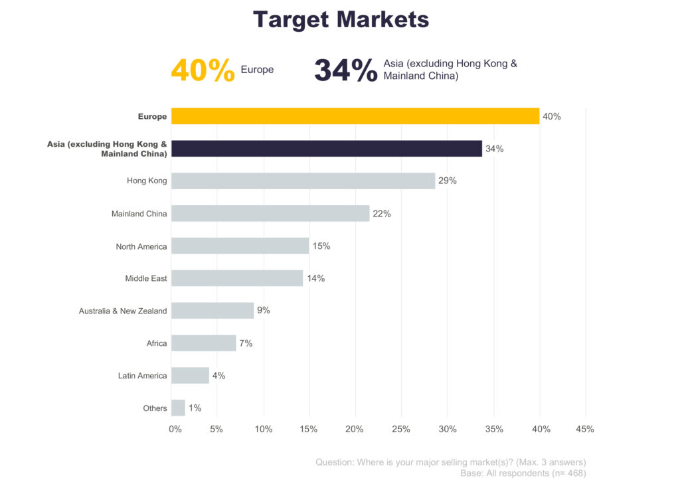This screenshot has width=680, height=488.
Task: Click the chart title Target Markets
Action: pyautogui.click(x=341, y=19)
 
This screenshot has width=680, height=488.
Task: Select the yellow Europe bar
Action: pyautogui.click(x=355, y=116)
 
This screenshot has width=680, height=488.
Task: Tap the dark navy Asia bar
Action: pyautogui.click(x=326, y=149)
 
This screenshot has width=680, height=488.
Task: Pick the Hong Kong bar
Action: pyautogui.click(x=303, y=181)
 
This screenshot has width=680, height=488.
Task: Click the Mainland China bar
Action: pyautogui.click(x=270, y=213)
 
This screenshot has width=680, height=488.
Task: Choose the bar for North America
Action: pyautogui.click(x=240, y=246)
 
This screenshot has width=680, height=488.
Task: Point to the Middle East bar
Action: pyautogui.click(x=236, y=278)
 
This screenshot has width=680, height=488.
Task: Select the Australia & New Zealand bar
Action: pyautogui.click(x=212, y=310)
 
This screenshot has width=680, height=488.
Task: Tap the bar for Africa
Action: pyautogui.click(x=203, y=343)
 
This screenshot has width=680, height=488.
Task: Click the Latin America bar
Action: pyautogui.click(x=190, y=375)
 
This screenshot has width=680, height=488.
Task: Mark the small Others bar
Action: pyautogui.click(x=178, y=408)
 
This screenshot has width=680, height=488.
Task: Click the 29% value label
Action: pyautogui.click(x=448, y=181)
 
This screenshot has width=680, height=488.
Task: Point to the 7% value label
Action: pyautogui.click(x=246, y=343)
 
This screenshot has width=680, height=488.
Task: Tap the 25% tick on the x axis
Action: pyautogui.click(x=401, y=429)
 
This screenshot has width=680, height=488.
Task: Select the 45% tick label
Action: pyautogui.click(x=584, y=429)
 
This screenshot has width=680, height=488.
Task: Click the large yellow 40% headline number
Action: pyautogui.click(x=203, y=70)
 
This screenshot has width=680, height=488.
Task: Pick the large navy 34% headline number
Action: pyautogui.click(x=345, y=70)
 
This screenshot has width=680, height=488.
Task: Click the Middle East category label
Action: pyautogui.click(x=146, y=278)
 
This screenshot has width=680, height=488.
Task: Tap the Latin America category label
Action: pyautogui.click(x=142, y=376)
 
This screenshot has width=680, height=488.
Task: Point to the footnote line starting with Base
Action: pyautogui.click(x=523, y=473)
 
